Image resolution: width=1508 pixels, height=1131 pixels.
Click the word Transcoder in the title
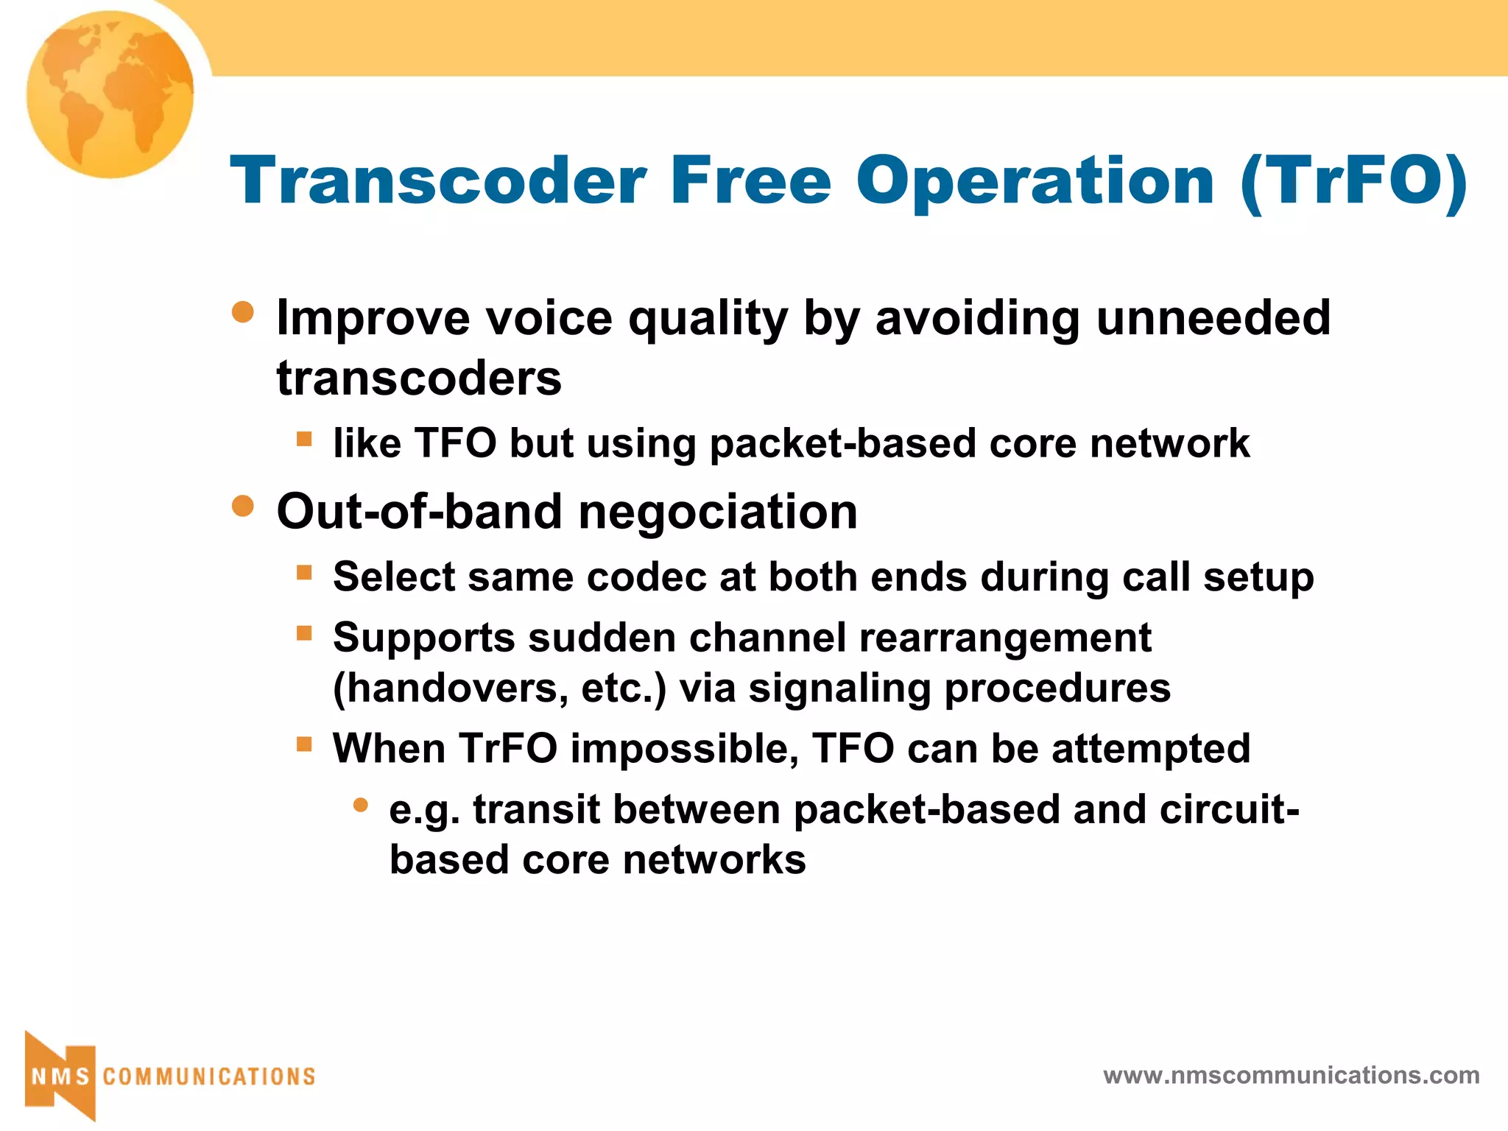pyautogui.click(x=438, y=181)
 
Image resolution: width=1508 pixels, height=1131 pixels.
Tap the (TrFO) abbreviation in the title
pyautogui.click(x=1353, y=181)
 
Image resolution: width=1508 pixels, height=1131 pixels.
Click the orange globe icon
pyautogui.click(x=110, y=94)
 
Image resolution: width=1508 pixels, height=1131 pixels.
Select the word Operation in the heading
pyautogui.click(x=1035, y=181)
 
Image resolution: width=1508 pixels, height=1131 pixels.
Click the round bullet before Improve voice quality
pyautogui.click(x=243, y=312)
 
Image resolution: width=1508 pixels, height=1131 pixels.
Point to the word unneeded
pyautogui.click(x=1213, y=318)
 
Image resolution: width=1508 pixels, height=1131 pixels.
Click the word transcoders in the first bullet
pyautogui.click(x=419, y=378)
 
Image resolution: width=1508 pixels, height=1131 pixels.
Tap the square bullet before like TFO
pyautogui.click(x=304, y=440)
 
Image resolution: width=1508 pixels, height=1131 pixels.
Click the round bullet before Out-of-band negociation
pyautogui.click(x=243, y=506)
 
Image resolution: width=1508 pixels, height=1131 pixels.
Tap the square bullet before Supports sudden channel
pyautogui.click(x=304, y=633)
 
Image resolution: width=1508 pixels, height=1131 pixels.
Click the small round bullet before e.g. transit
pyautogui.click(x=360, y=806)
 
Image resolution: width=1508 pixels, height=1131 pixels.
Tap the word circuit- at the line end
pyautogui.click(x=1230, y=809)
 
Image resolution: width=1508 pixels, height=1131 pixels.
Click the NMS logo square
pyautogui.click(x=60, y=1076)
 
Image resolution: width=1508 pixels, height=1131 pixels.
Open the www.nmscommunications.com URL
pyautogui.click(x=1291, y=1075)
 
